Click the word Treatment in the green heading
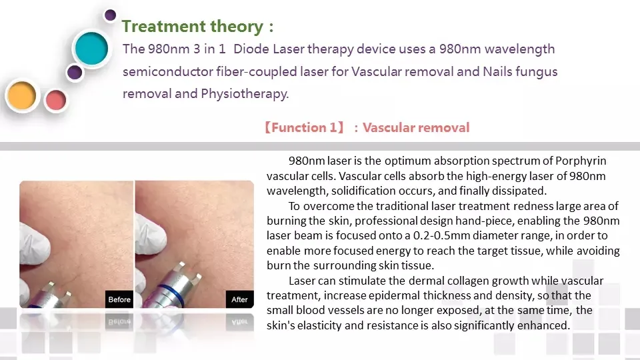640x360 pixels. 164,27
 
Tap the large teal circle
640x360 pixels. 91,49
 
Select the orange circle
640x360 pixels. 21,95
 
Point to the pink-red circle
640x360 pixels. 56,100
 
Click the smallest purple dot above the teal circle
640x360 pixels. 110,15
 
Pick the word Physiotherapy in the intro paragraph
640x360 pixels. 245,94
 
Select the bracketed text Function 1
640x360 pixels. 304,127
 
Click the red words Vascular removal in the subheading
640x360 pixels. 416,127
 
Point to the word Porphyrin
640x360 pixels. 581,161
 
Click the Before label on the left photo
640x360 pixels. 119,299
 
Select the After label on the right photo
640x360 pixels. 239,299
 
